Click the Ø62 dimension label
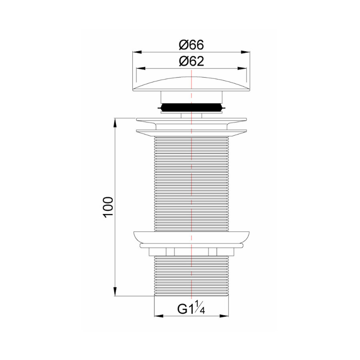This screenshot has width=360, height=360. tap(191, 61)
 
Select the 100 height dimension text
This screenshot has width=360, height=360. tap(108, 207)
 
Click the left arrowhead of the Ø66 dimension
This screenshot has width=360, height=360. tap(135, 52)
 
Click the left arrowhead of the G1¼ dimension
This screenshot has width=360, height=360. tap(157, 316)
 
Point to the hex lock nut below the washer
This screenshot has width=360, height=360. tap(191, 252)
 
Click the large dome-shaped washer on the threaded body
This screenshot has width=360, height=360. tap(191, 238)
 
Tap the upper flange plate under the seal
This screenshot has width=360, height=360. tap(191, 119)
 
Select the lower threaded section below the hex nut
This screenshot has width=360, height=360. tap(191, 276)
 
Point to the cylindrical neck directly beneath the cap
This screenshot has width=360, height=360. tap(191, 96)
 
